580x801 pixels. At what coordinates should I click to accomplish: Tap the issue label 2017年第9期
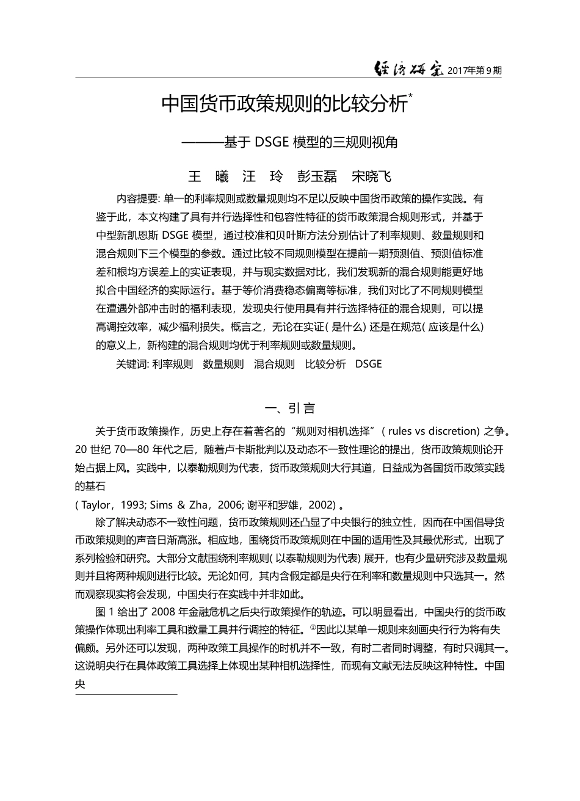474,71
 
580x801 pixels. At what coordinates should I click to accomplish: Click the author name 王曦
208,177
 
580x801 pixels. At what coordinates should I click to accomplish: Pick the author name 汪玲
263,177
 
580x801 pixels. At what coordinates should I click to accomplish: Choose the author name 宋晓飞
372,177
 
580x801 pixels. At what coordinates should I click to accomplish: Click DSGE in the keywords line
368,364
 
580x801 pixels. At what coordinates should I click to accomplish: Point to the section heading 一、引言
289,408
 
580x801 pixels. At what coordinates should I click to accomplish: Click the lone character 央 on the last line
80,684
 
